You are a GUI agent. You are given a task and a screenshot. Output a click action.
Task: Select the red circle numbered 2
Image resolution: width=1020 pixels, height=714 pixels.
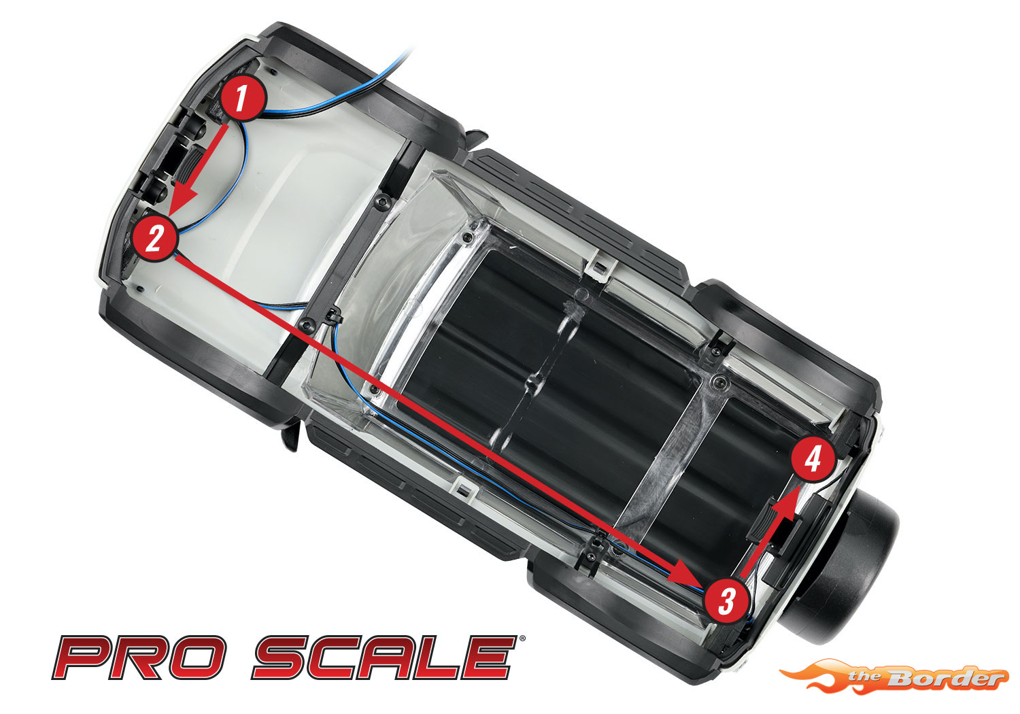154,238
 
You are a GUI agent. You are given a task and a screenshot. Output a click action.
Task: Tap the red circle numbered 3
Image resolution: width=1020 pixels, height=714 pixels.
726,600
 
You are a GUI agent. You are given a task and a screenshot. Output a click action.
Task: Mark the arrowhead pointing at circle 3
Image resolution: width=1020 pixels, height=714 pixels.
686,573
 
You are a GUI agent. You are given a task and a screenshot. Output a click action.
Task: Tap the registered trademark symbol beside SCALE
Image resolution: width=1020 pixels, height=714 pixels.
522,639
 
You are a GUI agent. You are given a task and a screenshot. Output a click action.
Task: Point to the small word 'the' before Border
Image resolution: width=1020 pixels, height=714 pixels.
865,676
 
